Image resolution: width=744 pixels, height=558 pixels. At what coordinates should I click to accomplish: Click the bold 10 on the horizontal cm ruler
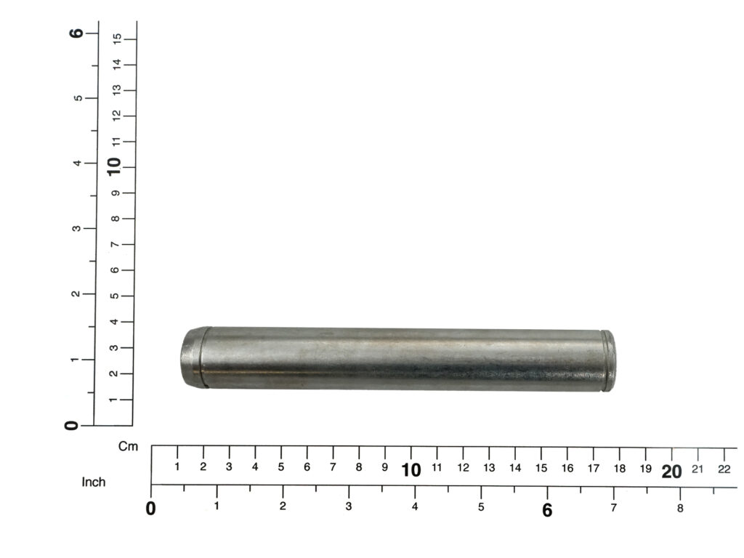411,470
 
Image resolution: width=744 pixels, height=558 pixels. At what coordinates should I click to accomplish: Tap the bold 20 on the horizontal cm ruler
671,472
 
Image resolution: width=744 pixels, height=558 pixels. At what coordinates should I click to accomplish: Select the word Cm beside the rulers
128,447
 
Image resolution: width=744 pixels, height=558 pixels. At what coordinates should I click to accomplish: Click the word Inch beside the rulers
94,482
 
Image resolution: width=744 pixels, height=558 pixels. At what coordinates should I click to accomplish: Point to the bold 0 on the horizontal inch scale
150,508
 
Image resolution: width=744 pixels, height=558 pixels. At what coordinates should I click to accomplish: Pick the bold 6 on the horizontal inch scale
547,510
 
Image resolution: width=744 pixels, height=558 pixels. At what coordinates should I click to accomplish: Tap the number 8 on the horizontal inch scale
680,508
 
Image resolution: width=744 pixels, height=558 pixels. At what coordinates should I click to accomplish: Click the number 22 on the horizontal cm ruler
724,469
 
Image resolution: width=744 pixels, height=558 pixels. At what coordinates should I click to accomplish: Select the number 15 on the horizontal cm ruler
541,468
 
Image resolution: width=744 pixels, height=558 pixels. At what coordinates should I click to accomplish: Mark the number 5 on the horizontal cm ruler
281,467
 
